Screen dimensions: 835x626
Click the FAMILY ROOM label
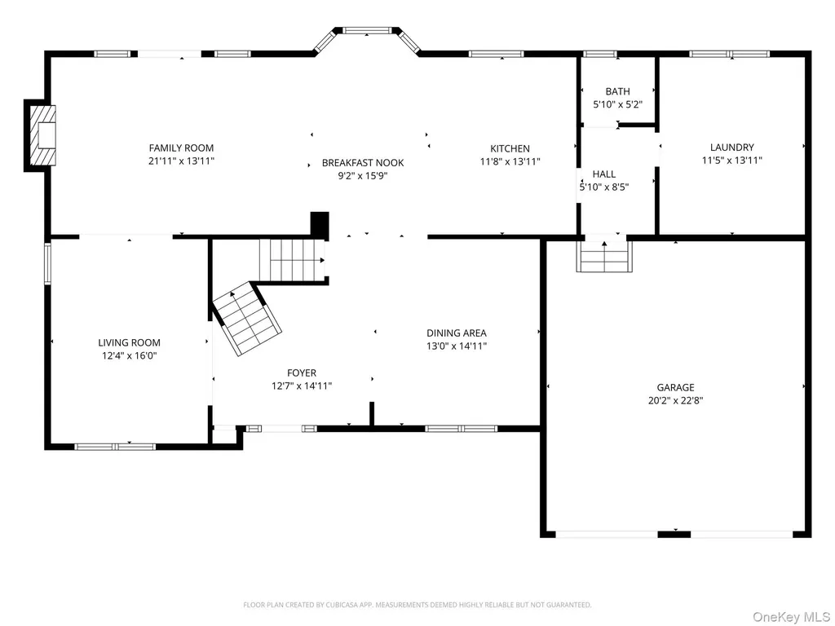coord(181,148)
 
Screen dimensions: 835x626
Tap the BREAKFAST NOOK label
coord(363,163)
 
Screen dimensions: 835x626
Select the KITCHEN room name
coord(510,148)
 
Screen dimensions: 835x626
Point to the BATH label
coord(618,91)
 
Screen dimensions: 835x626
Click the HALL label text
coord(604,174)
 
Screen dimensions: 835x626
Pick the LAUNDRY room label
coord(731,148)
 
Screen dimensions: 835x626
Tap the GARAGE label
coord(675,387)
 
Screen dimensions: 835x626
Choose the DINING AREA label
coord(457,333)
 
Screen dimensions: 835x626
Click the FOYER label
coord(302,373)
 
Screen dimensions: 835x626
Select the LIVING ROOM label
coord(129,343)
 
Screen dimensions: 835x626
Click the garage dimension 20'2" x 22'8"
coord(675,401)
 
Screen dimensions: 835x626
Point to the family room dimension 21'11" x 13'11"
coord(181,161)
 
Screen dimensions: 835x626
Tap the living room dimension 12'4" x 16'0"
coord(129,356)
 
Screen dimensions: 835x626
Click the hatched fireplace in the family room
coord(42,135)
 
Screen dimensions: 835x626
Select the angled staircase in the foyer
coord(247,319)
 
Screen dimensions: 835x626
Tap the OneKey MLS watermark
coord(790,617)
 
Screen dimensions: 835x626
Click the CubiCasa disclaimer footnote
coord(417,605)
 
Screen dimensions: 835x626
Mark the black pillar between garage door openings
coord(674,534)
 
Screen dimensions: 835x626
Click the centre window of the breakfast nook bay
coord(367,30)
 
